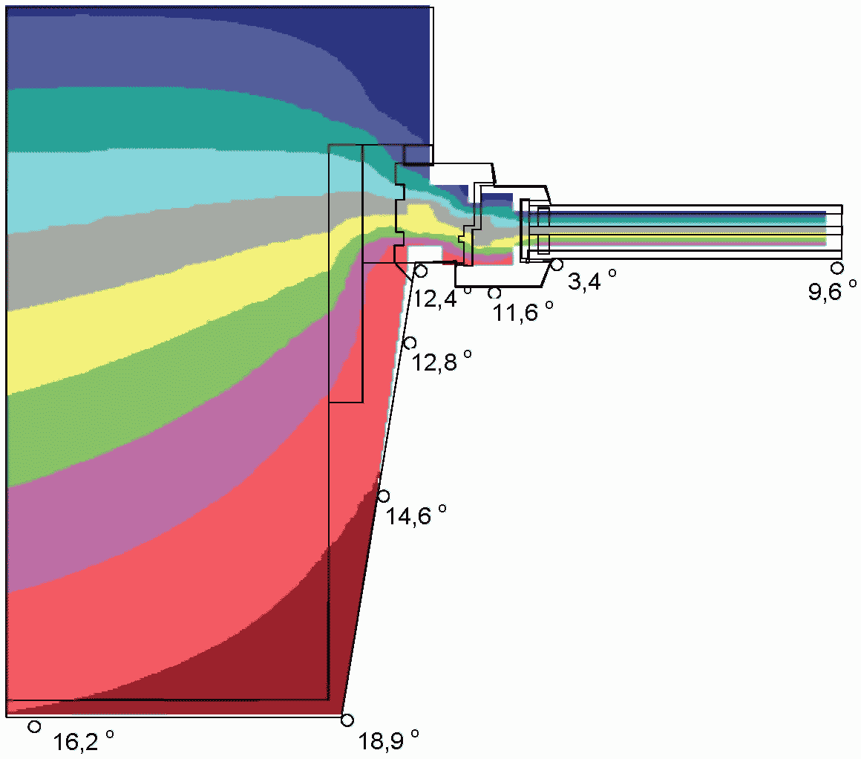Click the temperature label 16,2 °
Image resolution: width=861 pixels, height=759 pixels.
pos(83,741)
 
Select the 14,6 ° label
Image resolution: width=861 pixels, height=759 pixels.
pos(416,515)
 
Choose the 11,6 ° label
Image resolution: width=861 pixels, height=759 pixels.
pos(523,312)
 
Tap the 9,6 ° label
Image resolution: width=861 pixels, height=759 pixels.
pos(832,291)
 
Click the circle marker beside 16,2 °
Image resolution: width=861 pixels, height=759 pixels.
pos(34,726)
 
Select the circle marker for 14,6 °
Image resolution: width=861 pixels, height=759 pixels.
pos(383,496)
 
